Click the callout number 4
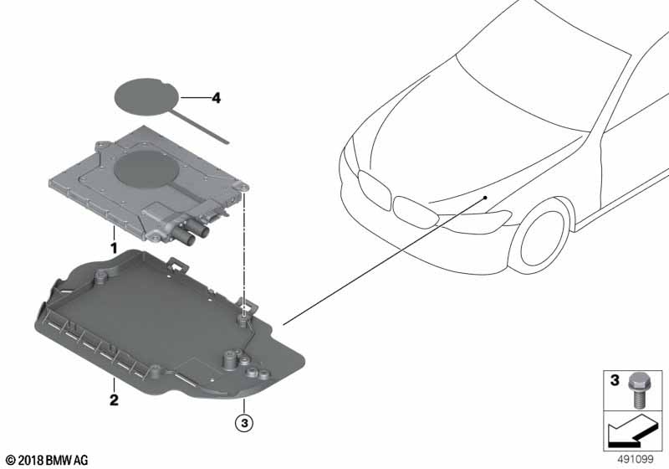click(x=217, y=98)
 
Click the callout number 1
click(x=114, y=248)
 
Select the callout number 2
click(x=114, y=400)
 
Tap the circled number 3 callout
click(x=244, y=423)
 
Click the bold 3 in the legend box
click(x=615, y=379)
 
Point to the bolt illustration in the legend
click(x=636, y=389)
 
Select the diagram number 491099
click(x=636, y=460)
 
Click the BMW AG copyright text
click(x=48, y=460)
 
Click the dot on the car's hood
click(x=486, y=198)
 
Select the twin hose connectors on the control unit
click(x=191, y=233)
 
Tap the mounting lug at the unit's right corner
click(x=243, y=187)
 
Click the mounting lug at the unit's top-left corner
click(x=101, y=145)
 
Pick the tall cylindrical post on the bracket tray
click(x=229, y=359)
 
